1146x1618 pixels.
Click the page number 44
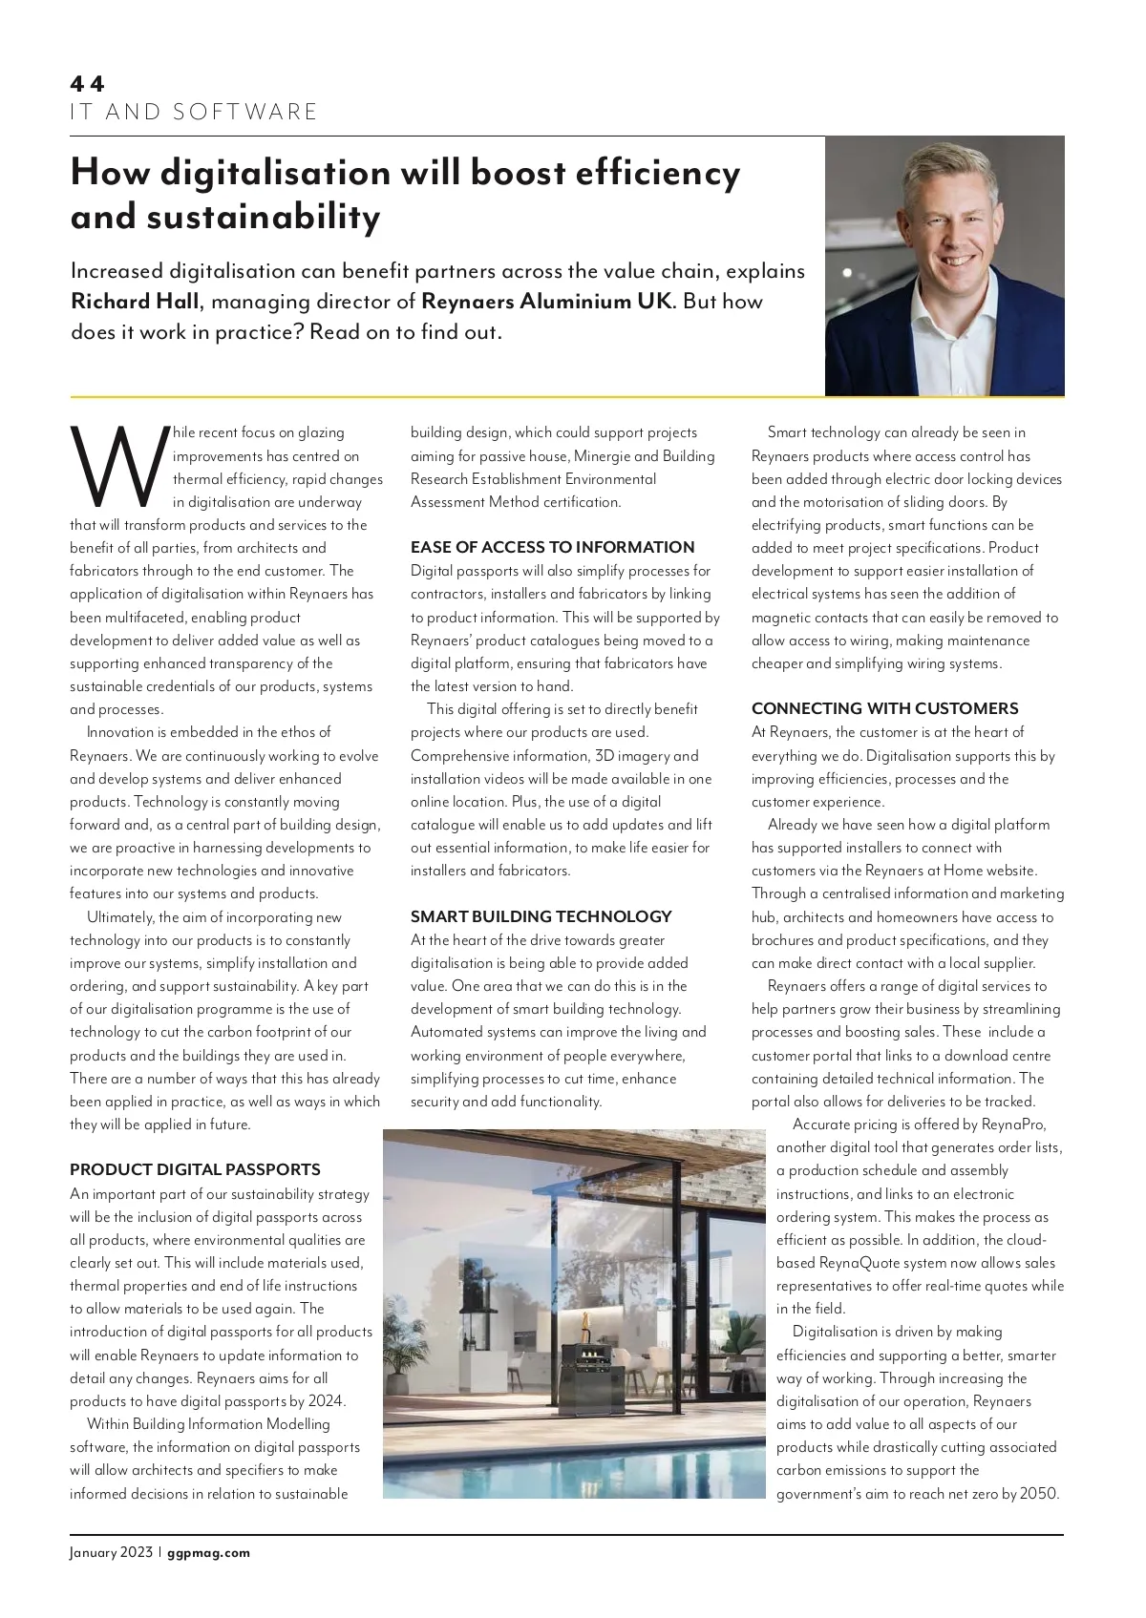pyautogui.click(x=87, y=84)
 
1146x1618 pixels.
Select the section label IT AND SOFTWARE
pyautogui.click(x=193, y=113)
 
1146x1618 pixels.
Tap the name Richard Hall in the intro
pyautogui.click(x=136, y=302)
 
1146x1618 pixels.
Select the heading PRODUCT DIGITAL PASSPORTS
pyautogui.click(x=195, y=1169)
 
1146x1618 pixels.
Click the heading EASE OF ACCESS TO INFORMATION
pyautogui.click(x=552, y=547)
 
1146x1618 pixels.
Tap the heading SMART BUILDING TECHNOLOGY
pyautogui.click(x=541, y=916)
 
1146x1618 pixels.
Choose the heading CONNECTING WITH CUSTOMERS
pyautogui.click(x=884, y=708)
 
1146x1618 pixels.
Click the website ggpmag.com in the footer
pyautogui.click(x=208, y=1552)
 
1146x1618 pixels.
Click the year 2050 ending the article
pyautogui.click(x=1039, y=1494)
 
